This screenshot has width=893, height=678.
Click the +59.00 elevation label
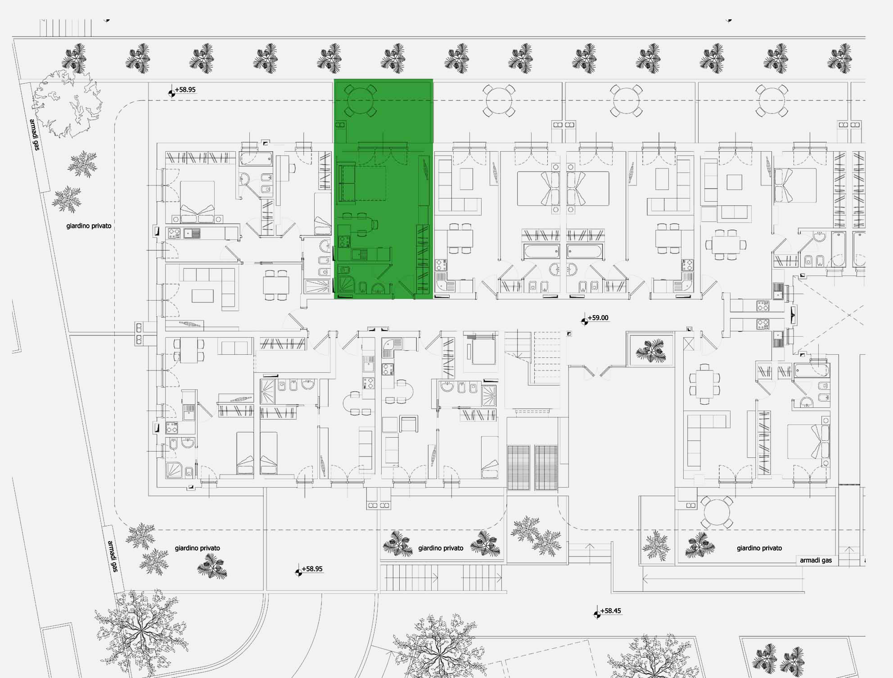(x=598, y=318)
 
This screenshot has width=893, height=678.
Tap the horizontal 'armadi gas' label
(x=816, y=560)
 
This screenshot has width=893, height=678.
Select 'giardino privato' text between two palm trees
(x=441, y=548)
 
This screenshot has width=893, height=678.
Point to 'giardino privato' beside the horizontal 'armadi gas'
(x=759, y=548)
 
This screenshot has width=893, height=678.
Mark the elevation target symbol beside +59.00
(x=584, y=321)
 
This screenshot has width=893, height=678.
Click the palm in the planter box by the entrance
(x=650, y=351)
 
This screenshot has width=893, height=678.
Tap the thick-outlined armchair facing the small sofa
(x=409, y=424)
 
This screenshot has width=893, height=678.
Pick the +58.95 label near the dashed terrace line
(x=185, y=90)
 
